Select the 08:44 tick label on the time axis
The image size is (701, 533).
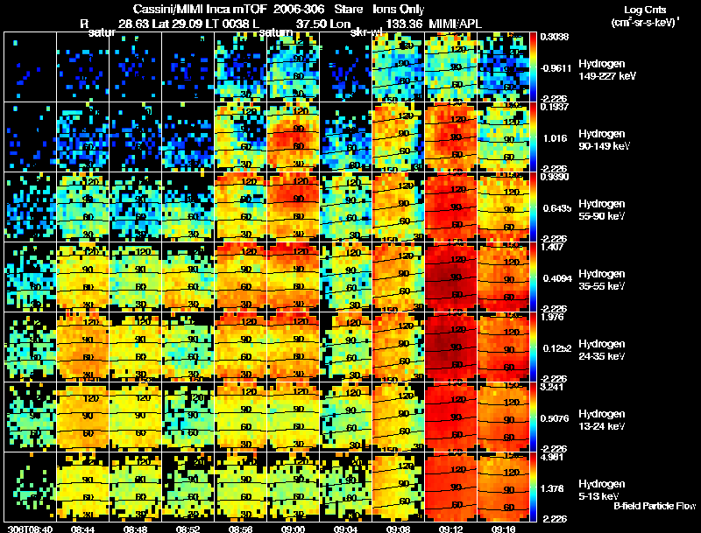tap(81, 529)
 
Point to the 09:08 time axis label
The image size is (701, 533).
tap(399, 529)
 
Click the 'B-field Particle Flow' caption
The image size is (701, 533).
tap(655, 506)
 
